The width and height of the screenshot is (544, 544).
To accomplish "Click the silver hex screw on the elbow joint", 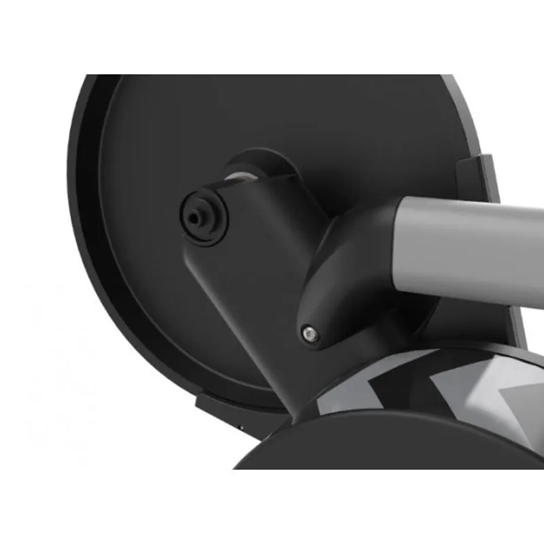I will (x=310, y=333).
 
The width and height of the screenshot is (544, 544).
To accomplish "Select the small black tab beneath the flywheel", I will (x=218, y=408).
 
